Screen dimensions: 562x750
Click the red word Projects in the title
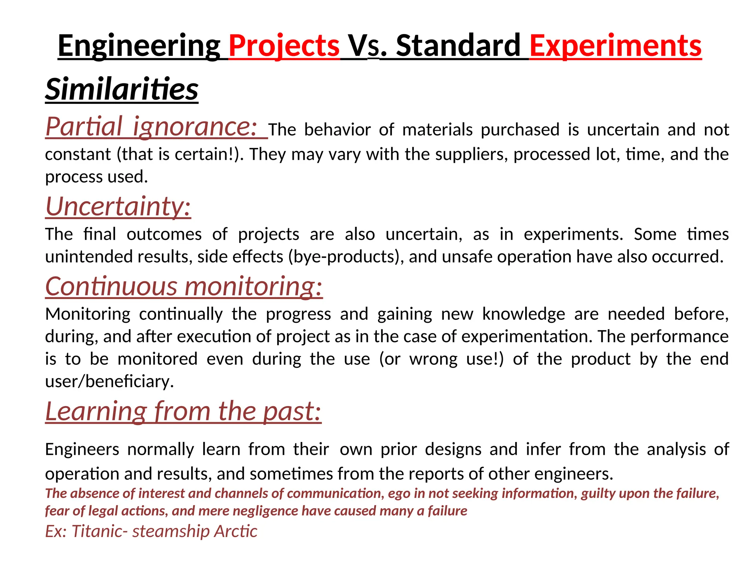284,46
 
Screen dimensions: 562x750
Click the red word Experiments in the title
615,46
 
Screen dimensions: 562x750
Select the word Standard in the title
458,46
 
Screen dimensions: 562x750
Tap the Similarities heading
122,89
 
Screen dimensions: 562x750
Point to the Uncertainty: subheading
118,206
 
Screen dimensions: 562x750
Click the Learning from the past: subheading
183,411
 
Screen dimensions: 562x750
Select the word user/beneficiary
109,382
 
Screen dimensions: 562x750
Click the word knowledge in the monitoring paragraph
524,314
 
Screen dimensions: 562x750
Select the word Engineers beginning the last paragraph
82,449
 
